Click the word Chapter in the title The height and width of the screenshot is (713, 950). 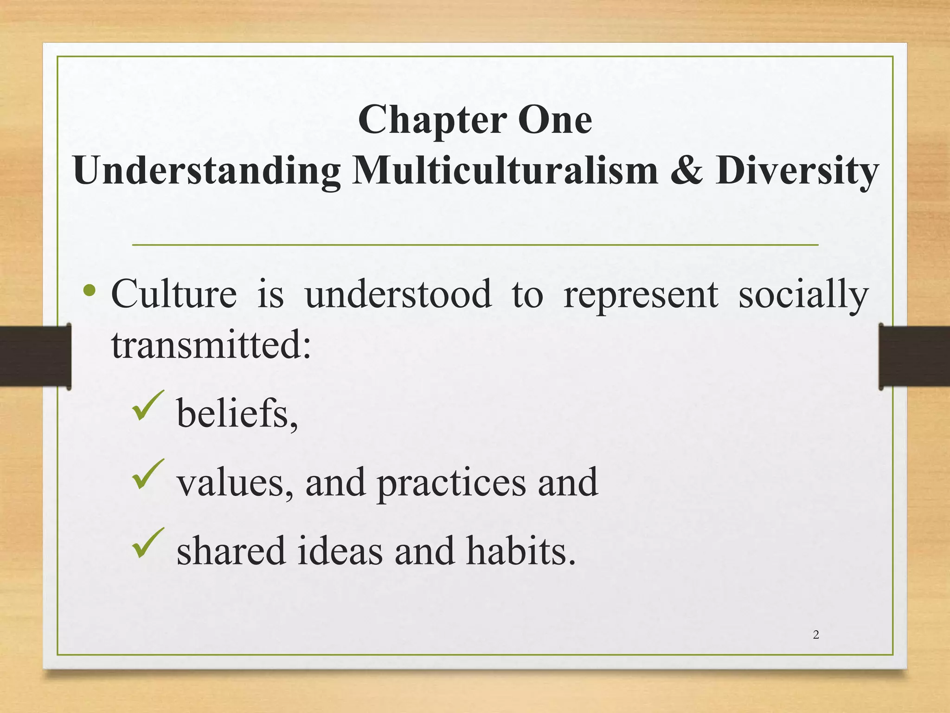point(432,120)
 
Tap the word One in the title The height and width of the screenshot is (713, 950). point(555,119)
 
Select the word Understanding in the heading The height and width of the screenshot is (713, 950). point(207,171)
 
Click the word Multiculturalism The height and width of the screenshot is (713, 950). point(505,170)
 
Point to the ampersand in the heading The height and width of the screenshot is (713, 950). point(687,170)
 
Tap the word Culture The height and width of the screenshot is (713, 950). point(174,294)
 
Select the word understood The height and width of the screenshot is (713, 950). point(398,294)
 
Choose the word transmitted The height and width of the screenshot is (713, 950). point(211,346)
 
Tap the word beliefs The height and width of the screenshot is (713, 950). point(237,413)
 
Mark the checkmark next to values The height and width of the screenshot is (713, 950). point(148,474)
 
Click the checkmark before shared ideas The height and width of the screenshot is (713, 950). point(148,543)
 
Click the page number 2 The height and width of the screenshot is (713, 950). point(816,635)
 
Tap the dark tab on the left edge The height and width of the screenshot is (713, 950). point(35,356)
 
